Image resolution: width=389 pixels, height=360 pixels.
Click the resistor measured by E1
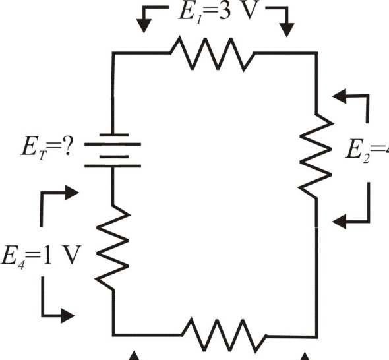(212, 53)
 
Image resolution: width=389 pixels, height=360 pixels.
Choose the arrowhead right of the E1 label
(287, 28)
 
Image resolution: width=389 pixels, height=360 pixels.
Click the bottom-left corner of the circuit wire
(114, 335)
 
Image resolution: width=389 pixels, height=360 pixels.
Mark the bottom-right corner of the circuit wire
(316, 335)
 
